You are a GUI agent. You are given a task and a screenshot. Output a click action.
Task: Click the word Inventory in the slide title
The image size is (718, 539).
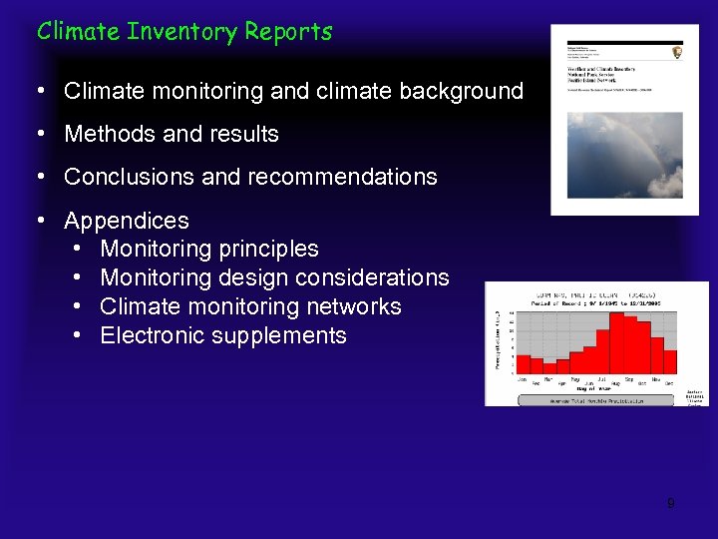(182, 32)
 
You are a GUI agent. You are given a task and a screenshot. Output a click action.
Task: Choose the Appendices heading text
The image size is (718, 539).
(126, 221)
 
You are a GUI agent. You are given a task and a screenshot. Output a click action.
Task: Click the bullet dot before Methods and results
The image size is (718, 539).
(41, 134)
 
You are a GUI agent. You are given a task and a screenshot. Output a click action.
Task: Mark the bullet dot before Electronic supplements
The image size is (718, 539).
(78, 335)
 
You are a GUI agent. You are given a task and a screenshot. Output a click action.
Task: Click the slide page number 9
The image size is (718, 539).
(670, 503)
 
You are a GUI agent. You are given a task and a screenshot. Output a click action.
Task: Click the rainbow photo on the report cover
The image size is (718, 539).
(624, 154)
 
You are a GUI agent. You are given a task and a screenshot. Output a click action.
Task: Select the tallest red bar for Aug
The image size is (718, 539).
(616, 343)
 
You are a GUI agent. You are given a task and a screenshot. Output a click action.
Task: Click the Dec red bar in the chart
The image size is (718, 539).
(671, 361)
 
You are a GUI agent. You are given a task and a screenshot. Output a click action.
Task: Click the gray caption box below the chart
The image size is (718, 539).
(596, 399)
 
